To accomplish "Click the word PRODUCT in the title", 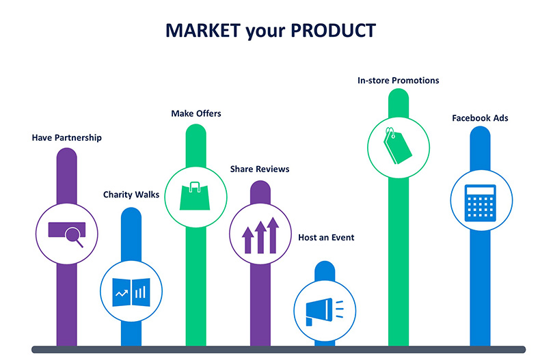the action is tap(333, 30).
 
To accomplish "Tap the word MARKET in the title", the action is tap(203, 30).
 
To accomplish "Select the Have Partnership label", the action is tap(67, 138).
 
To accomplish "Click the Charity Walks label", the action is tap(131, 195).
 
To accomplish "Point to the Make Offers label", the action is tap(196, 113).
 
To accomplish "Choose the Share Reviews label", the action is tap(260, 169).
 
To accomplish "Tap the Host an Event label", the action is tap(326, 238).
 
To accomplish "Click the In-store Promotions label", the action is tap(398, 81).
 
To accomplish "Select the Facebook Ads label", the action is tap(480, 118).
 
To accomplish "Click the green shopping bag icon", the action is tap(195, 196).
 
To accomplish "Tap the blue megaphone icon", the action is tap(325, 311).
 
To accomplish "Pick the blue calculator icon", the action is tap(481, 203).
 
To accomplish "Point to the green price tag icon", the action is tap(397, 146).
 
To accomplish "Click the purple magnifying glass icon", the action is tap(68, 234).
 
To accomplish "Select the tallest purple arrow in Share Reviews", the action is tap(273, 235).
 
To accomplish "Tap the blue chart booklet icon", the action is tap(131, 292).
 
